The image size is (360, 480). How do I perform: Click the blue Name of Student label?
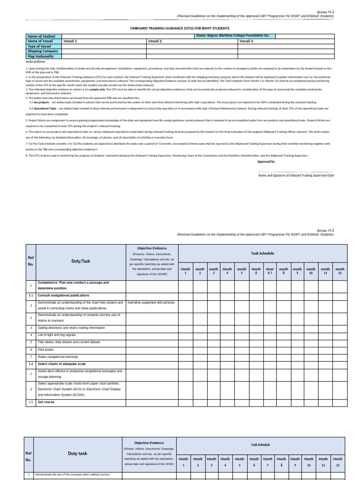coord(41,36)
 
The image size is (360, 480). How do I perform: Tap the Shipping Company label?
coord(43,51)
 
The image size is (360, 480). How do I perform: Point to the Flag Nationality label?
coord(41,56)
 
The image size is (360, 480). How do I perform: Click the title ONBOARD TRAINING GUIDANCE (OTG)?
coord(180,28)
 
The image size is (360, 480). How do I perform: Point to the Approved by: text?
coord(266,161)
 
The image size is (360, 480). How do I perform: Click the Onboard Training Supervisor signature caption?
coord(296,175)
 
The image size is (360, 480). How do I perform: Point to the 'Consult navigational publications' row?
coord(65,296)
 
